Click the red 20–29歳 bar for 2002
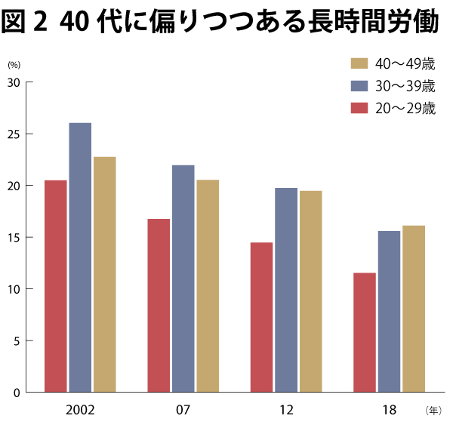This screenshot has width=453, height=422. coord(55,287)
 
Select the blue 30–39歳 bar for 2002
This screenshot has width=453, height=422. coord(80,257)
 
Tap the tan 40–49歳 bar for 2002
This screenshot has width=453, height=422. coord(104,275)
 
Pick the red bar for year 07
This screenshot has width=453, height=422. coord(159,306)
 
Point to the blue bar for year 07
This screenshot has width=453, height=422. coord(183,279)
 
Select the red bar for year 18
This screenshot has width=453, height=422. coord(365,332)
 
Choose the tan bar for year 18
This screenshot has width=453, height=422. coord(414,309)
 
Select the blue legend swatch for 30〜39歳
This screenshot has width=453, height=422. coord(359,85)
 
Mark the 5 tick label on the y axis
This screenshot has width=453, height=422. coord(16,340)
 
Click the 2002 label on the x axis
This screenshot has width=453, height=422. coord(80,411)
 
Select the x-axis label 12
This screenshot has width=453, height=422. coord(286,411)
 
